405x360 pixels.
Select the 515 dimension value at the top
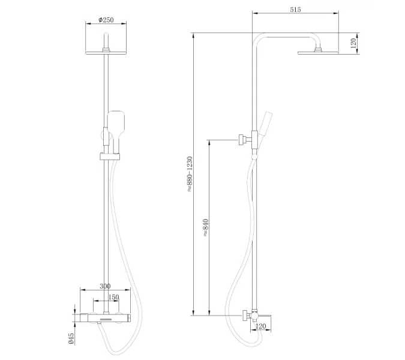click(x=295, y=10)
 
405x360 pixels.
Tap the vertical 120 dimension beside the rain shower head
click(x=353, y=42)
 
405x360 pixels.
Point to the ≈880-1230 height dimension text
click(x=189, y=174)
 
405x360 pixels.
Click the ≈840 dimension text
click(x=205, y=227)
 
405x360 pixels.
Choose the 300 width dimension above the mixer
click(x=106, y=287)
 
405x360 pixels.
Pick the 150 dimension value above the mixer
click(x=112, y=297)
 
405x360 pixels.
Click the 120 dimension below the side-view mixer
click(x=260, y=326)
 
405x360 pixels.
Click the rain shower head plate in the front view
click(x=106, y=53)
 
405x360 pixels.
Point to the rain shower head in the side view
click(x=318, y=52)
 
